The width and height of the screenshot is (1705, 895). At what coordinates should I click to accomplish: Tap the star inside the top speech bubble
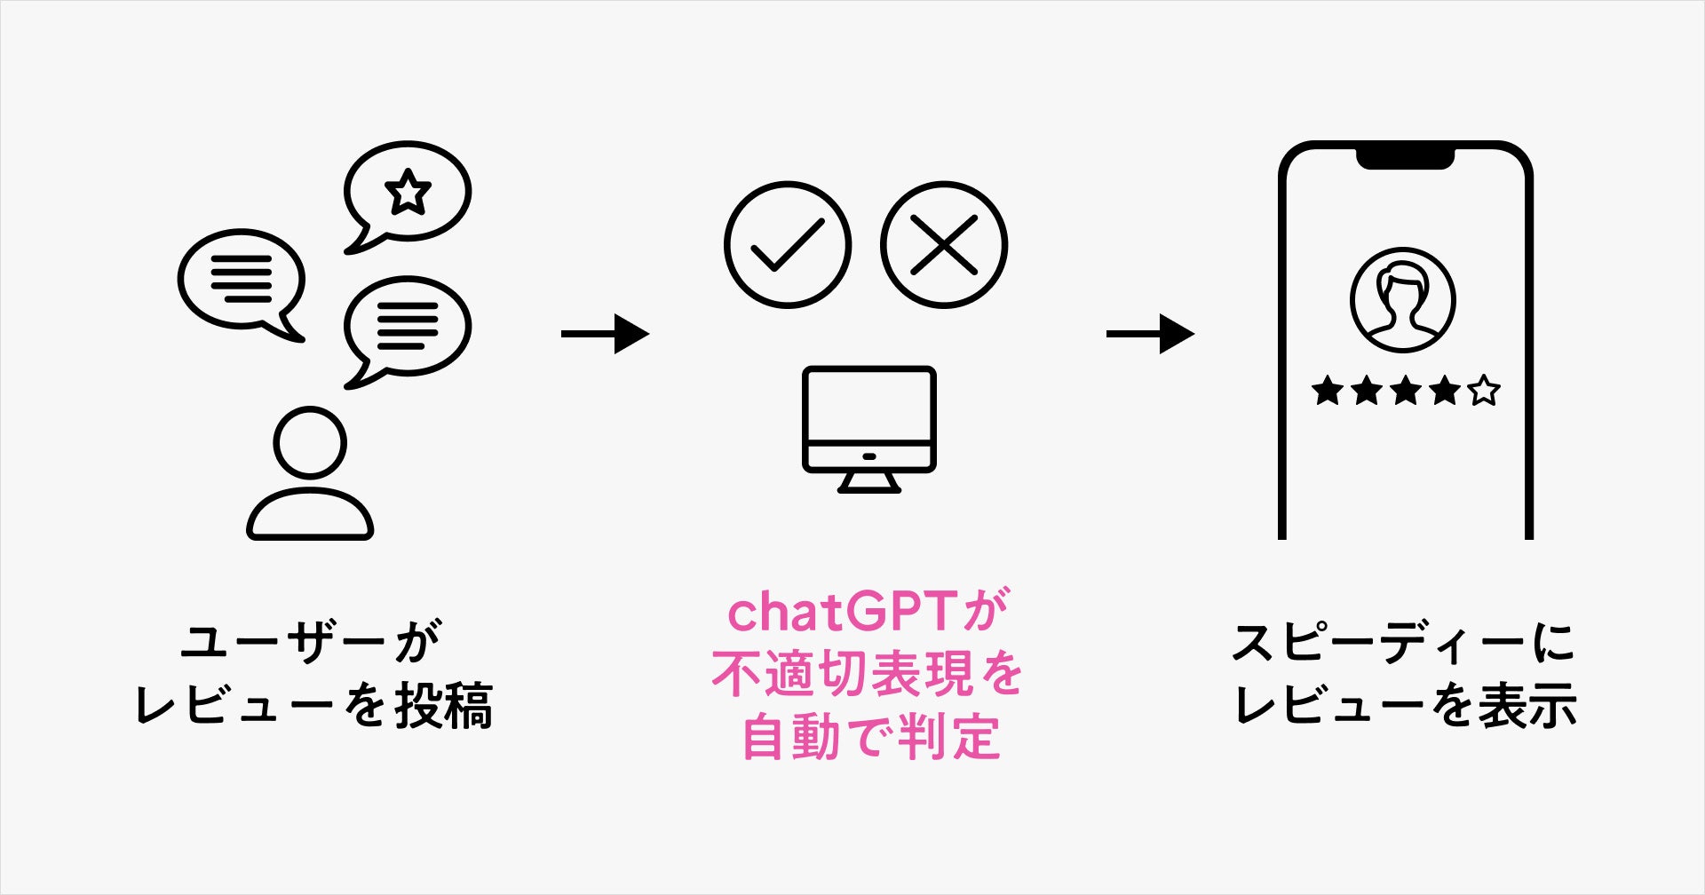[408, 192]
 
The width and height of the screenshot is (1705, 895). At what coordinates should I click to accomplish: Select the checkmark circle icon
[787, 245]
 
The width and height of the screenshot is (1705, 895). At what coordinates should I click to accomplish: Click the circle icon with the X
[944, 245]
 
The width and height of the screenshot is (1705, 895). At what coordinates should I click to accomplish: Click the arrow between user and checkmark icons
[605, 334]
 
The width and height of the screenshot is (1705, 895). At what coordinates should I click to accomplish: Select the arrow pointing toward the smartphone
[1150, 334]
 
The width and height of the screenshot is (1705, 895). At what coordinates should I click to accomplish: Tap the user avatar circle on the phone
[1403, 300]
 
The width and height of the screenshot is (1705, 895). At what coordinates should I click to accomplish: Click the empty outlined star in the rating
[1484, 391]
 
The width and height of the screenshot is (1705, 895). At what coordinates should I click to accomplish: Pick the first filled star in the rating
[1327, 391]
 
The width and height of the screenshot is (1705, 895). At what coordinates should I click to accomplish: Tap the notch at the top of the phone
[1404, 157]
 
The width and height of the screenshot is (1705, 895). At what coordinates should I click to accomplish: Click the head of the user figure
[310, 443]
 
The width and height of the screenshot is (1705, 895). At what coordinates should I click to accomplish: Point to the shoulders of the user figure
[310, 515]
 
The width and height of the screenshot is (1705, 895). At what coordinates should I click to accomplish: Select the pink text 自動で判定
[870, 737]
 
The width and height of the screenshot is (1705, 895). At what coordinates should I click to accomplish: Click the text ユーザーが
[311, 641]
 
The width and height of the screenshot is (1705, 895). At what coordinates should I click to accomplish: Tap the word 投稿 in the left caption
[444, 707]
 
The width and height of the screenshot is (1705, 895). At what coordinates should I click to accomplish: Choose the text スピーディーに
[1403, 641]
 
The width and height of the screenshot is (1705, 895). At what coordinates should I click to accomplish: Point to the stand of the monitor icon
[869, 481]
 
